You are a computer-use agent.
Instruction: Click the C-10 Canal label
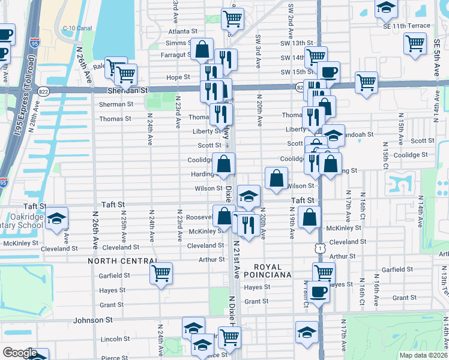point(76,28)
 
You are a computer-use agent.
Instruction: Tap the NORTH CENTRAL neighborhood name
point(122,261)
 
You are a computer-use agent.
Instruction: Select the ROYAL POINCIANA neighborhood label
point(272,271)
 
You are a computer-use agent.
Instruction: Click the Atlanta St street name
point(182,31)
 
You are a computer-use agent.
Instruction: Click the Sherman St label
point(116,104)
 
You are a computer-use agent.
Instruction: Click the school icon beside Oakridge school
point(57,219)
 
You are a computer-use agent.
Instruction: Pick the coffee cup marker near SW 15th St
point(328,73)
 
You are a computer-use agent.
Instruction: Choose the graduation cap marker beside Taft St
point(249,196)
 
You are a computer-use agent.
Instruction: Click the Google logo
point(19,353)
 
